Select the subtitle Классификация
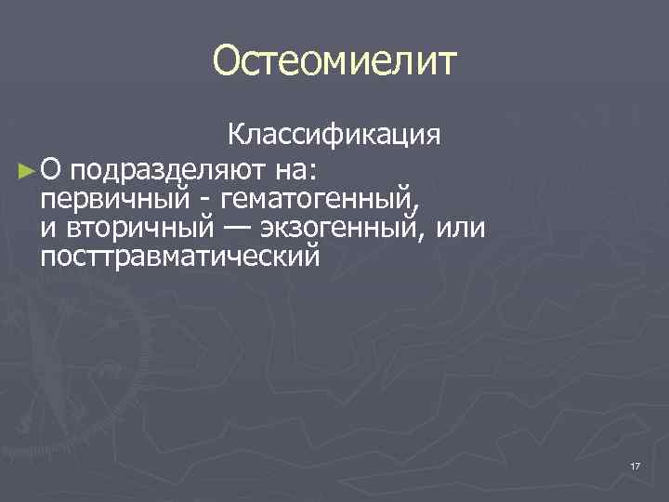pyautogui.click(x=335, y=136)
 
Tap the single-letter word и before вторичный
pyautogui.click(x=46, y=229)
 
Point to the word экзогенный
pyautogui.click(x=341, y=228)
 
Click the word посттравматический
pyautogui.click(x=179, y=256)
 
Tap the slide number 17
pyautogui.click(x=636, y=466)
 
